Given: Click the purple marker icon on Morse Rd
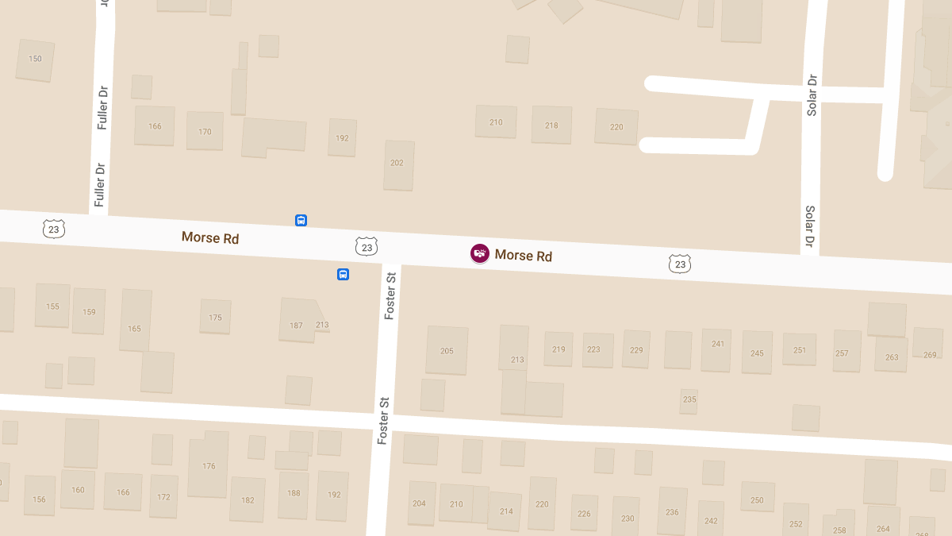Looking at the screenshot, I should coord(479,254).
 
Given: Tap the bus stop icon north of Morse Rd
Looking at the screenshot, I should coord(301,221).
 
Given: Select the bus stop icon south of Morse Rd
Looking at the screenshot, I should coord(343,275).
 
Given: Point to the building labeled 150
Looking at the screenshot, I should coord(35,60).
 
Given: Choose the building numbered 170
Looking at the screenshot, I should coord(205,131).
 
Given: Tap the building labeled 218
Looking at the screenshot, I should coord(551,125).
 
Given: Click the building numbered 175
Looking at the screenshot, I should coord(215,317).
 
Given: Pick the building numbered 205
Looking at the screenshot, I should coord(447,350).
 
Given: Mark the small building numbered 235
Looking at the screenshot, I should coord(689,400).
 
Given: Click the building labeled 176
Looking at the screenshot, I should coord(208,465).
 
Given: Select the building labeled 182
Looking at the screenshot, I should coord(248,499).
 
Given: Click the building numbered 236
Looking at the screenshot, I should coord(672,511).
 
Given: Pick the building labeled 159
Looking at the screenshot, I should coord(89,311).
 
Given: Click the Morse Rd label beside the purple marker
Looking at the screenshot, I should coord(523,256).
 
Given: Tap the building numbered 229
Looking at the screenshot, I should coord(636,349).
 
